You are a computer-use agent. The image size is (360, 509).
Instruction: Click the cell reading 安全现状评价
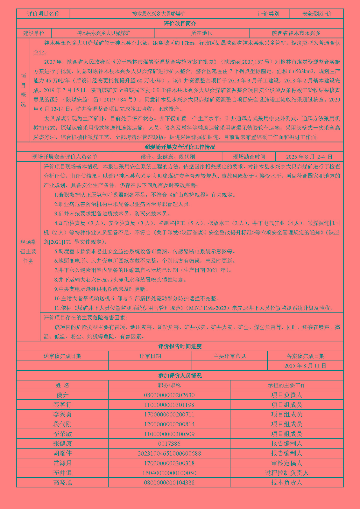[317, 14]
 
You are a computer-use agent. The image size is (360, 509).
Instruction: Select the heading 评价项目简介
[180, 24]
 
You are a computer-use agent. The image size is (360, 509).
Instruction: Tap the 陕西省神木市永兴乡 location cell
[296, 33]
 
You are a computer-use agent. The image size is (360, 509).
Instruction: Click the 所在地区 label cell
[202, 33]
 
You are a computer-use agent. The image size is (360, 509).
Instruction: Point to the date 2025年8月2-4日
[309, 157]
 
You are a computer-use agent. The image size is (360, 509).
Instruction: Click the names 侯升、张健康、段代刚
[168, 157]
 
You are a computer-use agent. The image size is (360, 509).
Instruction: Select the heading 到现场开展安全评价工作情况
[180, 147]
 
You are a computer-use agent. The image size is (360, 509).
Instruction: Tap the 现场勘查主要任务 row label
[28, 251]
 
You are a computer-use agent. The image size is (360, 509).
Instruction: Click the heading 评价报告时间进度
[180, 346]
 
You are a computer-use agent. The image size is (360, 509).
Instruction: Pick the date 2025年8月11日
[305, 366]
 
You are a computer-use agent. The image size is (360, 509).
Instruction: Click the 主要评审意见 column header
[229, 356]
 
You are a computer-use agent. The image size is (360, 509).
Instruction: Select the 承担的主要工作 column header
[286, 385]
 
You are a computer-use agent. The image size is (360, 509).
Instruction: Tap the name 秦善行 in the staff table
[62, 405]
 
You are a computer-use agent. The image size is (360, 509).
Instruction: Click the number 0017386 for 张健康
[169, 443]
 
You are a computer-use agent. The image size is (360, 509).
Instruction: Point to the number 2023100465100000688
[169, 453]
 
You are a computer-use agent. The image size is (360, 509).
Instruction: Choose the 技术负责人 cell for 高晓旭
[286, 482]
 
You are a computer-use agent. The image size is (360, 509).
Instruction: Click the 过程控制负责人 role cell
[286, 473]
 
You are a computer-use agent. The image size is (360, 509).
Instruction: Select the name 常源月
[62, 463]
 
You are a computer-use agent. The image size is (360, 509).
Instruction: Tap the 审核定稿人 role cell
[286, 463]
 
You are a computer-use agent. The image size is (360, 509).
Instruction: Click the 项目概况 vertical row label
[23, 90]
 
